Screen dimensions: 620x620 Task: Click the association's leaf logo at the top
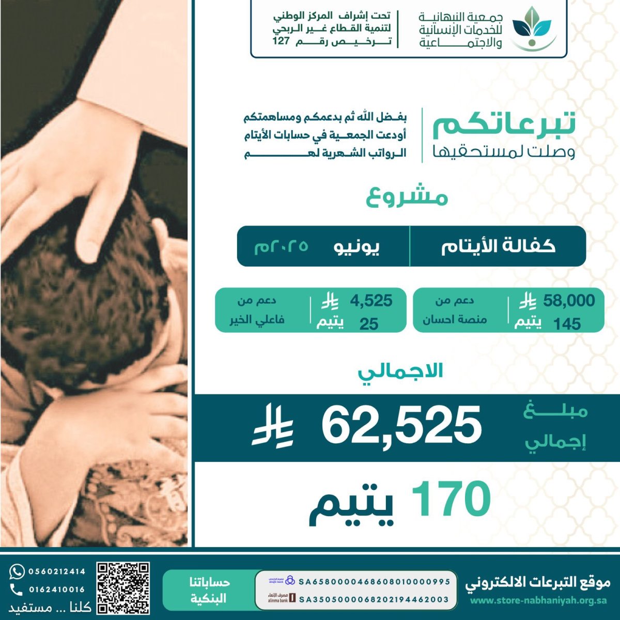(x=532, y=28)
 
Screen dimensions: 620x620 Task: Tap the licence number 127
(x=281, y=42)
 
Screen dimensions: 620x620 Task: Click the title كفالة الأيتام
(x=498, y=246)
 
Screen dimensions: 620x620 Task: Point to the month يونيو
(x=356, y=246)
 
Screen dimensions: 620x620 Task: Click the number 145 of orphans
(x=567, y=324)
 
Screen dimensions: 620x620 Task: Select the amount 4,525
(x=371, y=300)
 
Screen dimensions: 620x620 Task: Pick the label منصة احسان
(x=455, y=320)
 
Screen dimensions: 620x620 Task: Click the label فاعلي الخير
(x=257, y=320)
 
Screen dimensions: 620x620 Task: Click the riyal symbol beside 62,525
(x=273, y=427)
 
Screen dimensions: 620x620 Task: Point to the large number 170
(x=451, y=499)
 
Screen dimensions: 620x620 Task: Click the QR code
(x=123, y=588)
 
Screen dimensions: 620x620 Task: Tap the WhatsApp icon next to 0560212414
(x=17, y=571)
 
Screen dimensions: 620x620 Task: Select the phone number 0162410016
(x=57, y=590)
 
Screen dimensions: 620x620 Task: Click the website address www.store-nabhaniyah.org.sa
(x=538, y=600)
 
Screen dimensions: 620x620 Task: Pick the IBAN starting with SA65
(x=375, y=581)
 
